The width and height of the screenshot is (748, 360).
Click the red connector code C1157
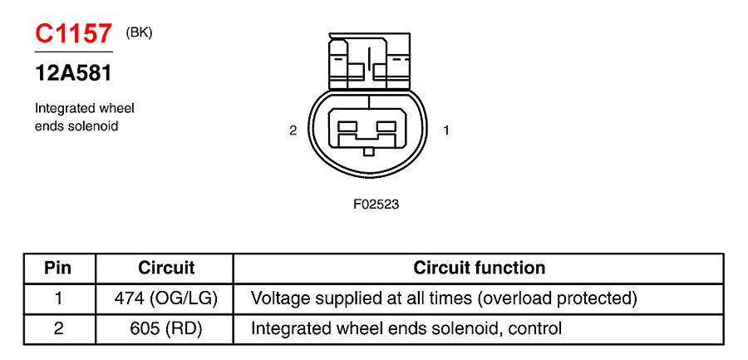[73, 34]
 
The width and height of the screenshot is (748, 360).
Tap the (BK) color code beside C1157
[139, 32]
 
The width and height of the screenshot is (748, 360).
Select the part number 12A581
[73, 73]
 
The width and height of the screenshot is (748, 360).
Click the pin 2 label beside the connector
[293, 130]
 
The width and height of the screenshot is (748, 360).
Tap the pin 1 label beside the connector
[446, 130]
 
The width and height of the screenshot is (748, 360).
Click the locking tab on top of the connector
[369, 61]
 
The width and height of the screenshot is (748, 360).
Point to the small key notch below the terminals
[369, 150]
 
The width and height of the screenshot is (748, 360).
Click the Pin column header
[58, 268]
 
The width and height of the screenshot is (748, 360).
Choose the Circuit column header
[166, 268]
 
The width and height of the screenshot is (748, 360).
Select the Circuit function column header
[480, 268]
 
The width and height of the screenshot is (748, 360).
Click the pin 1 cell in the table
[58, 298]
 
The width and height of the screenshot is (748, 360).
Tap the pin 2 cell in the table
[58, 328]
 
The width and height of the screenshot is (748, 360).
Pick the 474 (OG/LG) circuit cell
[166, 298]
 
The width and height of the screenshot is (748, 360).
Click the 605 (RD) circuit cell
[166, 328]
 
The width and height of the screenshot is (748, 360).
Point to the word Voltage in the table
[279, 298]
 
